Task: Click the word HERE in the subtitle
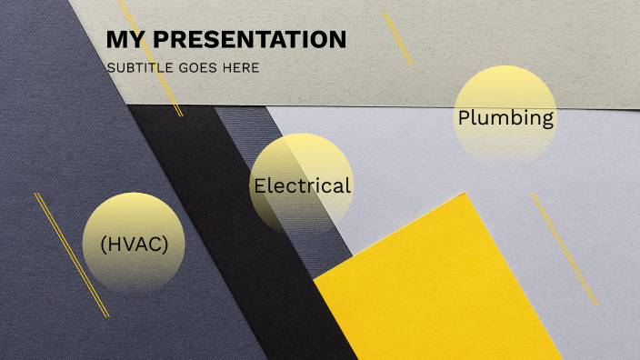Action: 242,67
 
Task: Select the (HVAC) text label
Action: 135,245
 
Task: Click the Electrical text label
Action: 302,186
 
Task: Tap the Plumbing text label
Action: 505,118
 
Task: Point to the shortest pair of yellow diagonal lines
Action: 398,38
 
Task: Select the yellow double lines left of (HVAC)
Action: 72,255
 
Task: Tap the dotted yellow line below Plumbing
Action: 565,248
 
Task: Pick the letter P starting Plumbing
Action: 464,118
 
